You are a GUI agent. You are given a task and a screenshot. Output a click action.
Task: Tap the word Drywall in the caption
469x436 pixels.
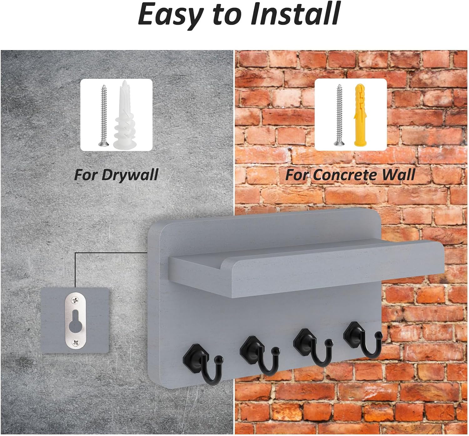click(x=130, y=175)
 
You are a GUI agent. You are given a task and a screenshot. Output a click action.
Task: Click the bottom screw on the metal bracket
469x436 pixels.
click(x=75, y=342)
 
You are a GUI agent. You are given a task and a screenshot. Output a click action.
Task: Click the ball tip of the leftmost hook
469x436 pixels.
click(x=219, y=359)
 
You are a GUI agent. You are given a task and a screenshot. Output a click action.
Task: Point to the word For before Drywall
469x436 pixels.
click(x=86, y=175)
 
